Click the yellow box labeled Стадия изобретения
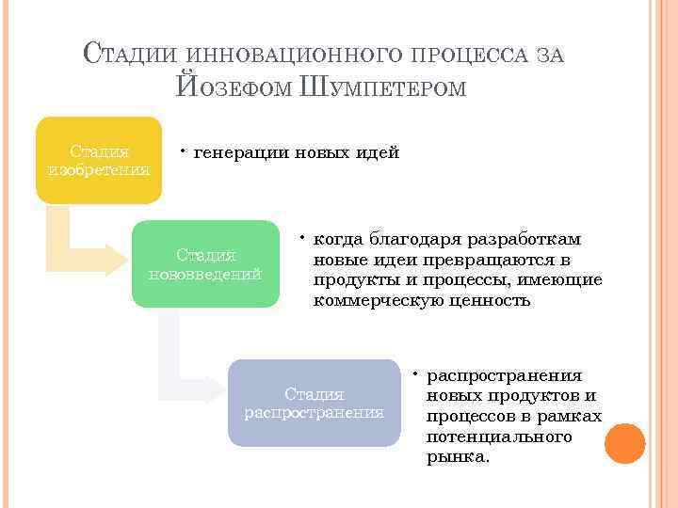tap(99, 160)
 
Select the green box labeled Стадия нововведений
tap(205, 264)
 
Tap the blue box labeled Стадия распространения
tap(315, 403)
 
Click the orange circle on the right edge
tap(624, 443)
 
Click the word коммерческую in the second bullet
tap(376, 301)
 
